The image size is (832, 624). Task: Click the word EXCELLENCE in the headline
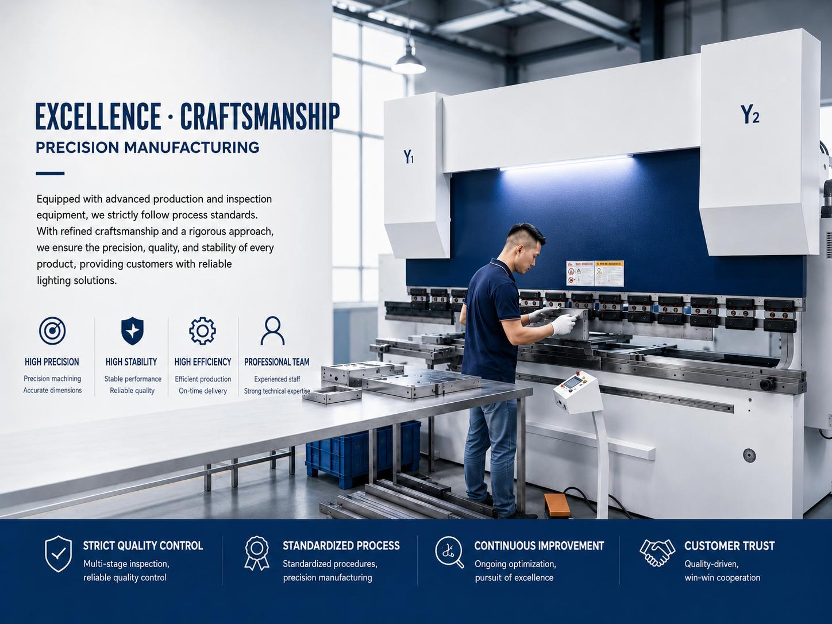98,116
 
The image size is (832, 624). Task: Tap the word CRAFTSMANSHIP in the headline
260,116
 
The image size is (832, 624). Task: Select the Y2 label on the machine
750,114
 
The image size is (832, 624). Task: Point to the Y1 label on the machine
408,156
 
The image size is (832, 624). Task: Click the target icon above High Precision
52,331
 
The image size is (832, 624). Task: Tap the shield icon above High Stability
132,331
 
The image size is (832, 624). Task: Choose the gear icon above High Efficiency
202,331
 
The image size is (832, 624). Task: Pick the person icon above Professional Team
272,331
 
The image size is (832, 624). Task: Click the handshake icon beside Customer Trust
657,553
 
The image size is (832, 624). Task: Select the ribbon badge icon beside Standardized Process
257,553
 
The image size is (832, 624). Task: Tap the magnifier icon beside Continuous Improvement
449,552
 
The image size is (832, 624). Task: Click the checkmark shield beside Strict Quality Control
58,553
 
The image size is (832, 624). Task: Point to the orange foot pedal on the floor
557,505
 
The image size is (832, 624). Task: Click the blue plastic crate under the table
363,453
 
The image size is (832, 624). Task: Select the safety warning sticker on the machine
595,273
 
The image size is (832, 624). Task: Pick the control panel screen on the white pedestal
572,383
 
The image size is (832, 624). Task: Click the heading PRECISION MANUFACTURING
148,147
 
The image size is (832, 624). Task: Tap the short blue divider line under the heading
50,174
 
